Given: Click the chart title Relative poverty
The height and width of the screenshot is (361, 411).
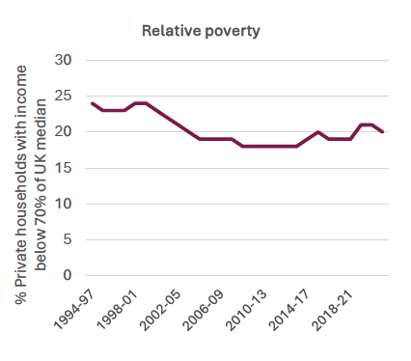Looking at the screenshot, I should [202, 31].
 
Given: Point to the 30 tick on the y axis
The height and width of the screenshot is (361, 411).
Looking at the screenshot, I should [65, 60].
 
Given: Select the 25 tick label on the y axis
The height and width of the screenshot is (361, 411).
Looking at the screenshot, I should [65, 96].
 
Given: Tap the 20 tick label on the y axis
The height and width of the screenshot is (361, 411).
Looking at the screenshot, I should [65, 131].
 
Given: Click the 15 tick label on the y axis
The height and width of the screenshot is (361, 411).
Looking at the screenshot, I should [65, 168].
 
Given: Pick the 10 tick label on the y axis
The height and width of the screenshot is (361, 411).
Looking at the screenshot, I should [65, 204].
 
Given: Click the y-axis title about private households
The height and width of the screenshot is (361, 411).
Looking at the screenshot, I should [32, 168].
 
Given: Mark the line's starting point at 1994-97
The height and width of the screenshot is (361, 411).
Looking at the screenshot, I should [92, 103].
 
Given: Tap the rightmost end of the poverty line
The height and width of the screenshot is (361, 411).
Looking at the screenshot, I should [383, 132].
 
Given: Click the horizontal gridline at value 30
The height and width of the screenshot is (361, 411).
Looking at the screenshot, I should [236, 60].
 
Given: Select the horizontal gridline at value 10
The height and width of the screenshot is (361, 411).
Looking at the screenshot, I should [236, 204].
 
